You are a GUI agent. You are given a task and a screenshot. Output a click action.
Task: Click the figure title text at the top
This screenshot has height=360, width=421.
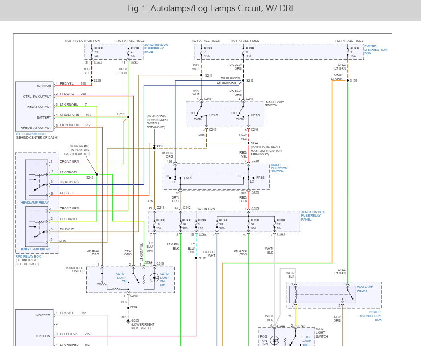click(x=211, y=8)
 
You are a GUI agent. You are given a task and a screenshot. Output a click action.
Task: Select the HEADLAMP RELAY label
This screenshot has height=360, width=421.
click(x=35, y=202)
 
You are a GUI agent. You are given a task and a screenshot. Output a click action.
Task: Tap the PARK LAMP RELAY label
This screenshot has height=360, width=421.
click(x=36, y=250)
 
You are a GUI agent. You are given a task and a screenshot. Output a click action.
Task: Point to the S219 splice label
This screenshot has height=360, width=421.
click(x=121, y=114)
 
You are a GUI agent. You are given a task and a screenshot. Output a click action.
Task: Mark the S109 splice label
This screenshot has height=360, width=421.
click(x=354, y=81)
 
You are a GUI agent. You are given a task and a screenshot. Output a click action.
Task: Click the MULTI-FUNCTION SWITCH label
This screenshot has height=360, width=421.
click(x=279, y=168)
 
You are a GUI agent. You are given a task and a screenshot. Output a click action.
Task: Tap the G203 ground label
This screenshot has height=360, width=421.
click(x=135, y=320)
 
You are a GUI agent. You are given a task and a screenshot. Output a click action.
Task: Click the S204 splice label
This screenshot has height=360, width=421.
click(x=134, y=307)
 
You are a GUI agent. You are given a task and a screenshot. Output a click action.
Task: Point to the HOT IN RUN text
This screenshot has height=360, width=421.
click(x=206, y=209)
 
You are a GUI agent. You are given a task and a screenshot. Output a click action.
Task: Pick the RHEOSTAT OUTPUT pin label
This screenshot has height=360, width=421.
click(x=37, y=127)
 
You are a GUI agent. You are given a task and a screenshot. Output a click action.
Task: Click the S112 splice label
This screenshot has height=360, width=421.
click(x=202, y=258)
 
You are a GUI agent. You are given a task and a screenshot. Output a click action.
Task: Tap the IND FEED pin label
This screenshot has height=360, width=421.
click(x=43, y=315)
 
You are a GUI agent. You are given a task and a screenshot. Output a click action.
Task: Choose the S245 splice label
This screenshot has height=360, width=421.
click(x=90, y=177)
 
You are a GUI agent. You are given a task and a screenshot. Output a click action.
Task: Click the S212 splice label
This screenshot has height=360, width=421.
click(x=250, y=81)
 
